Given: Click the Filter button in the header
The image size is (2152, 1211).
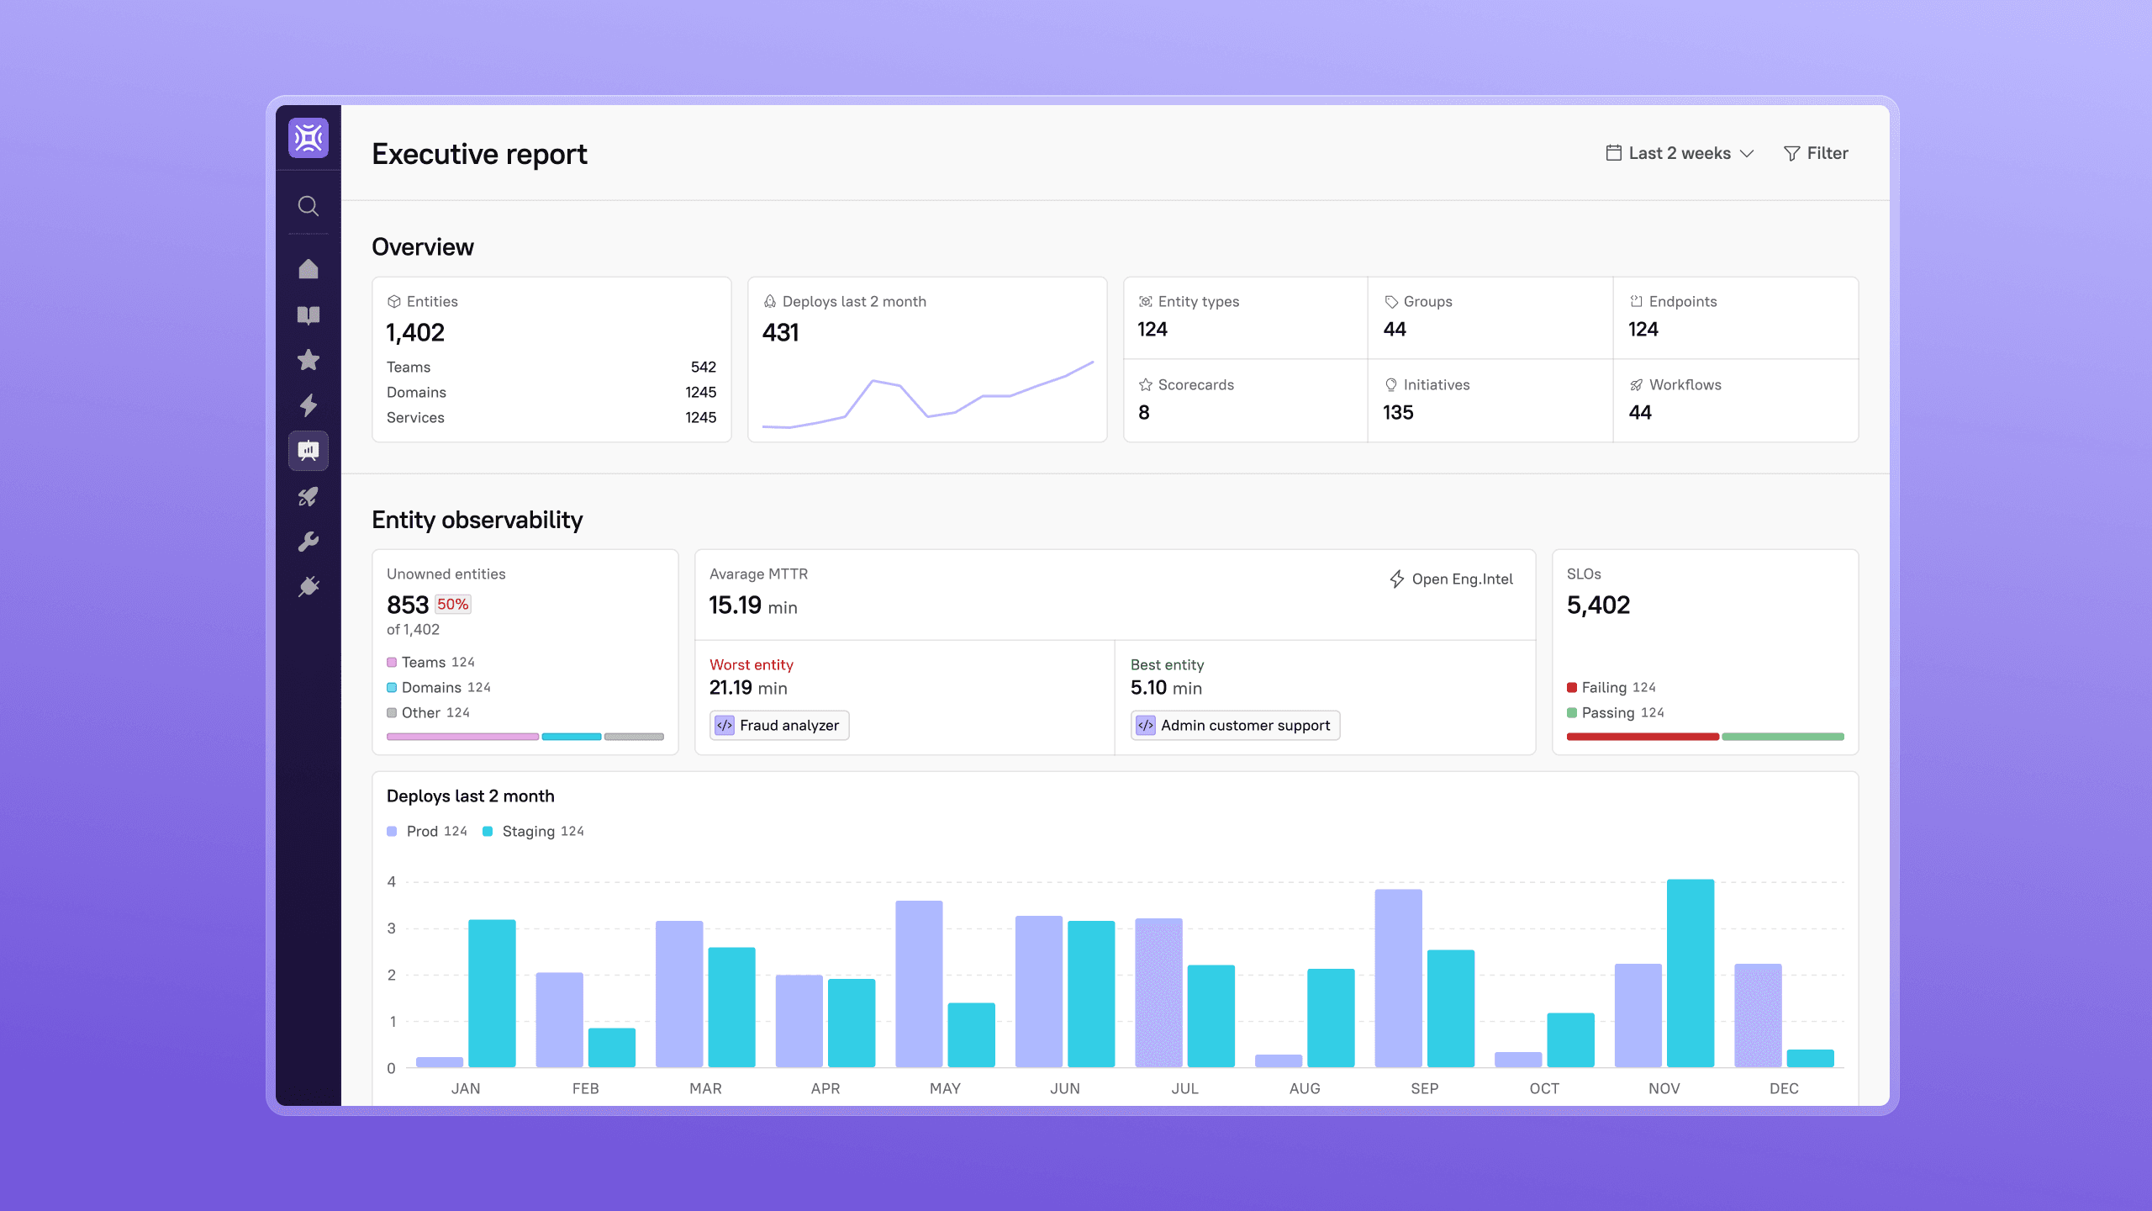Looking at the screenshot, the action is point(1816,153).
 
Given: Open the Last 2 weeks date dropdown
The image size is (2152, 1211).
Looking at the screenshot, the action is point(1680,153).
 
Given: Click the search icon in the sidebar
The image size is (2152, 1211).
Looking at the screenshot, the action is point(309,206).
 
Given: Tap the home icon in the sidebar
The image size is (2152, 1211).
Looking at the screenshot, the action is point(309,269).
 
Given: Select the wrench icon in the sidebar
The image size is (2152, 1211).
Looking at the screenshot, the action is point(309,542).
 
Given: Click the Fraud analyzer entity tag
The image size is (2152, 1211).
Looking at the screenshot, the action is point(779,725).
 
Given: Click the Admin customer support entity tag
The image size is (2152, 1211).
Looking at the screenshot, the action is point(1235,725).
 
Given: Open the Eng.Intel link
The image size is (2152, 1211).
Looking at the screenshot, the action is point(1451,579).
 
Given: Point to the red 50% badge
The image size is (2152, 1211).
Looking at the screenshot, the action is point(453,604).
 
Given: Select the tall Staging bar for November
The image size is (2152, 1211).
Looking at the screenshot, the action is point(1690,973).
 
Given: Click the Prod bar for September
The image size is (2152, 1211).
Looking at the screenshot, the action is point(1399,978).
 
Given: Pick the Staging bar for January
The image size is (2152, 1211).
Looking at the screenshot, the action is point(492,993).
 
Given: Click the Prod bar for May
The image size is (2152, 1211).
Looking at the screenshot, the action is point(919,984).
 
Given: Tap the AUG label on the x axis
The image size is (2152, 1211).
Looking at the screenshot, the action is point(1305,1088).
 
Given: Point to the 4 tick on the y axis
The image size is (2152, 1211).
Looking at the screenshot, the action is point(391,881).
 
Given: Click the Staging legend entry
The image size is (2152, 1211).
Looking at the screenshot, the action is point(533,831).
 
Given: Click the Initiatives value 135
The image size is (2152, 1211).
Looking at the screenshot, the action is point(1398,412).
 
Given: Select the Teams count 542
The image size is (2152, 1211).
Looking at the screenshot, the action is point(703,367).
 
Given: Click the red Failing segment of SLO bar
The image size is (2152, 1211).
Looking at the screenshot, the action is point(1643,737).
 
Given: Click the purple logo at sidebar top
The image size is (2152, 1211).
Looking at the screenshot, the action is point(309,137).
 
